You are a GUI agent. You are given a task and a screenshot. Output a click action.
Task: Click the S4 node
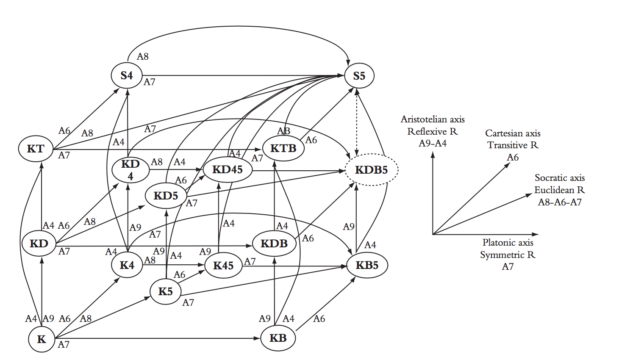127,75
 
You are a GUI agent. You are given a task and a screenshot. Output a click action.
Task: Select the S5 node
359,76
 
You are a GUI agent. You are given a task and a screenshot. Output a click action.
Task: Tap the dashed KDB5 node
372,170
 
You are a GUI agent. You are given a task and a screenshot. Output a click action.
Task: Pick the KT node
36,149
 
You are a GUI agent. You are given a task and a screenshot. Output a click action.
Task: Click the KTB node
283,148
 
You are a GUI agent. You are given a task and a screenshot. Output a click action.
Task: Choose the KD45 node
228,170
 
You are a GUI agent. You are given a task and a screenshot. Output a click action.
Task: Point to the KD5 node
166,196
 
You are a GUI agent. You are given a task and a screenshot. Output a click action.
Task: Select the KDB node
274,244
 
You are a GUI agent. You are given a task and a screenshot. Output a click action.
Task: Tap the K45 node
223,266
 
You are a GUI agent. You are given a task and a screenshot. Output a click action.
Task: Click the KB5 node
367,265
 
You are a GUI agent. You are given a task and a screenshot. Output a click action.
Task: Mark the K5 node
165,291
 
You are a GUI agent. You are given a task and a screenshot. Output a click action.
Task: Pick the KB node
278,338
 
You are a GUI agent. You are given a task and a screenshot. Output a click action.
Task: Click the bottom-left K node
42,339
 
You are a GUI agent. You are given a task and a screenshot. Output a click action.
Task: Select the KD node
39,244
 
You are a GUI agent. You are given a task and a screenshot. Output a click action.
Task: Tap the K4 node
127,265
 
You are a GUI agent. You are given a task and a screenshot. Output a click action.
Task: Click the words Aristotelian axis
433,119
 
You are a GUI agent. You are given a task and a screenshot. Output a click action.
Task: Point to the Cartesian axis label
513,133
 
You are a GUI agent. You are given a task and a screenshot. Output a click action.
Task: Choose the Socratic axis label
559,178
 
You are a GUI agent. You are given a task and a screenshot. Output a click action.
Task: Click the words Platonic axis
508,243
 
